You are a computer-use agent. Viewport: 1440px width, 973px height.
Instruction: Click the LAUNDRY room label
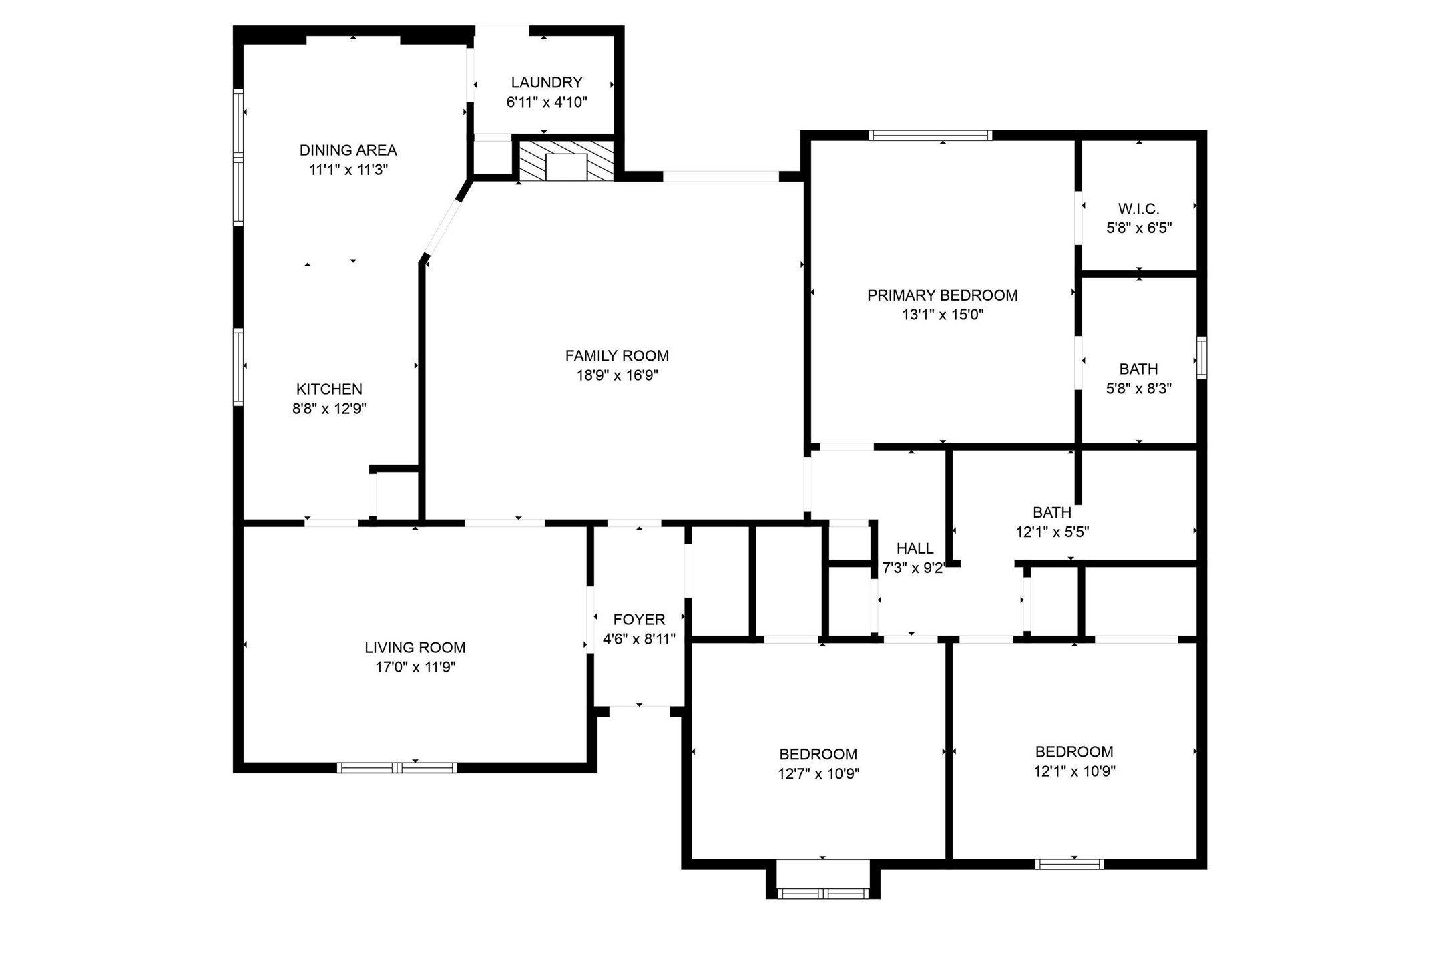pos(546,82)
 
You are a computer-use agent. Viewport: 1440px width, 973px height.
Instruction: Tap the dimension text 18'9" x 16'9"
pos(617,375)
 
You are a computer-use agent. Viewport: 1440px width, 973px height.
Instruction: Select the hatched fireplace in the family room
pos(566,160)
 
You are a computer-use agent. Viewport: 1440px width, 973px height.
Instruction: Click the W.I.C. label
pos(1138,209)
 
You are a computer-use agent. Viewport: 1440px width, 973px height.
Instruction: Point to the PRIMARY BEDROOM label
pos(942,295)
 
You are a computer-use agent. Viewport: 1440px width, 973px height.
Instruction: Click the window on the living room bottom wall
pos(397,767)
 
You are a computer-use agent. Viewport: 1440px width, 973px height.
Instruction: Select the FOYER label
pos(639,620)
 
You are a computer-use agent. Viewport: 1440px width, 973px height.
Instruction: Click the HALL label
pos(915,548)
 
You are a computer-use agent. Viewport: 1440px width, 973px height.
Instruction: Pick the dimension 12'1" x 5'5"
pos(1052,532)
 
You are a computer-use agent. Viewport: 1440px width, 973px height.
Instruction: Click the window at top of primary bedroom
pos(930,136)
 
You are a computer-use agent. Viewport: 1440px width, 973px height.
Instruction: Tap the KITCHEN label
pos(329,389)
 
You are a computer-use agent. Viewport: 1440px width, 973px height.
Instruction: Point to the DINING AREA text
pos(348,150)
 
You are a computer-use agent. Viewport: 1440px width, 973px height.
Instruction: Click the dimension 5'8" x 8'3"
pos(1138,389)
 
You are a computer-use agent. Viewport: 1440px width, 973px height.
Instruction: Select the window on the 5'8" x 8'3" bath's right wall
pos(1201,359)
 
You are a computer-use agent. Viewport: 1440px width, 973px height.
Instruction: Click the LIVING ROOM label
pos(415,647)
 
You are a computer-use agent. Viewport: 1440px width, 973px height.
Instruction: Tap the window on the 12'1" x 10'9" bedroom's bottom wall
pos(1069,864)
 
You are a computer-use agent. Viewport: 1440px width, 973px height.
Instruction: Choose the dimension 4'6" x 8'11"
pos(639,639)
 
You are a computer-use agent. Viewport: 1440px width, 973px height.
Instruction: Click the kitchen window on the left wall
pos(238,366)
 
